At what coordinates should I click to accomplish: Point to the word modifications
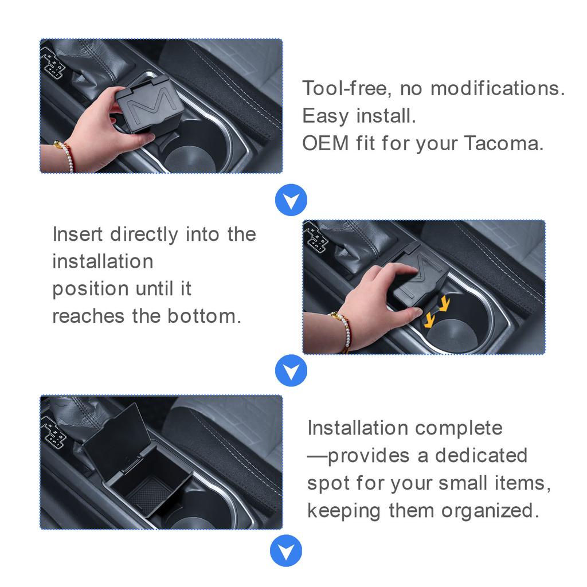498,88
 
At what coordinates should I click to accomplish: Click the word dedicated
480,455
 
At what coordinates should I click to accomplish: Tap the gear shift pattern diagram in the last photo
55,431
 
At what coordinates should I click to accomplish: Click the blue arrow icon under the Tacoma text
291,200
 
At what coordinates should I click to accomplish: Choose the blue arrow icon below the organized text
285,551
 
